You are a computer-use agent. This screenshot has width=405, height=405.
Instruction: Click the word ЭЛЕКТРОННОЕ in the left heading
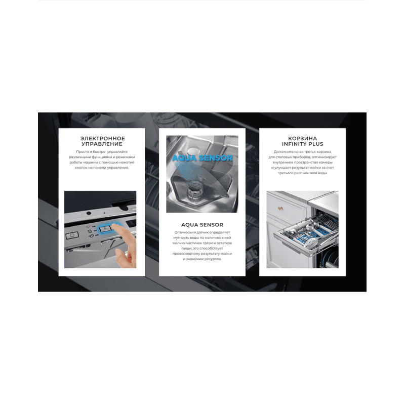pyautogui.click(x=103, y=138)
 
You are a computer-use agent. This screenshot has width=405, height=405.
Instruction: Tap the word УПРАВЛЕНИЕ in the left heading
pyautogui.click(x=102, y=144)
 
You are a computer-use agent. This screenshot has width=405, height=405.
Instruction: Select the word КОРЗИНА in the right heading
pyautogui.click(x=302, y=138)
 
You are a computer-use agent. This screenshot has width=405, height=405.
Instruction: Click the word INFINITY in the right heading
pyautogui.click(x=293, y=144)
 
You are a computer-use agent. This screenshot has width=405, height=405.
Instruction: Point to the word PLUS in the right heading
pyautogui.click(x=315, y=144)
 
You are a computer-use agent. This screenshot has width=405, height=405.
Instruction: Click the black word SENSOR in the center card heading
pyautogui.click(x=211, y=225)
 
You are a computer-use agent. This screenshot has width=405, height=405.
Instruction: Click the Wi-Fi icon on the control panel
pyautogui.click(x=88, y=227)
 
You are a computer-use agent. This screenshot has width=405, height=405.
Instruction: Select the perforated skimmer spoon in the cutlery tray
pyautogui.click(x=311, y=242)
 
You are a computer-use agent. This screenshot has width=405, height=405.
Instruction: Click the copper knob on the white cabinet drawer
pyautogui.click(x=280, y=208)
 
